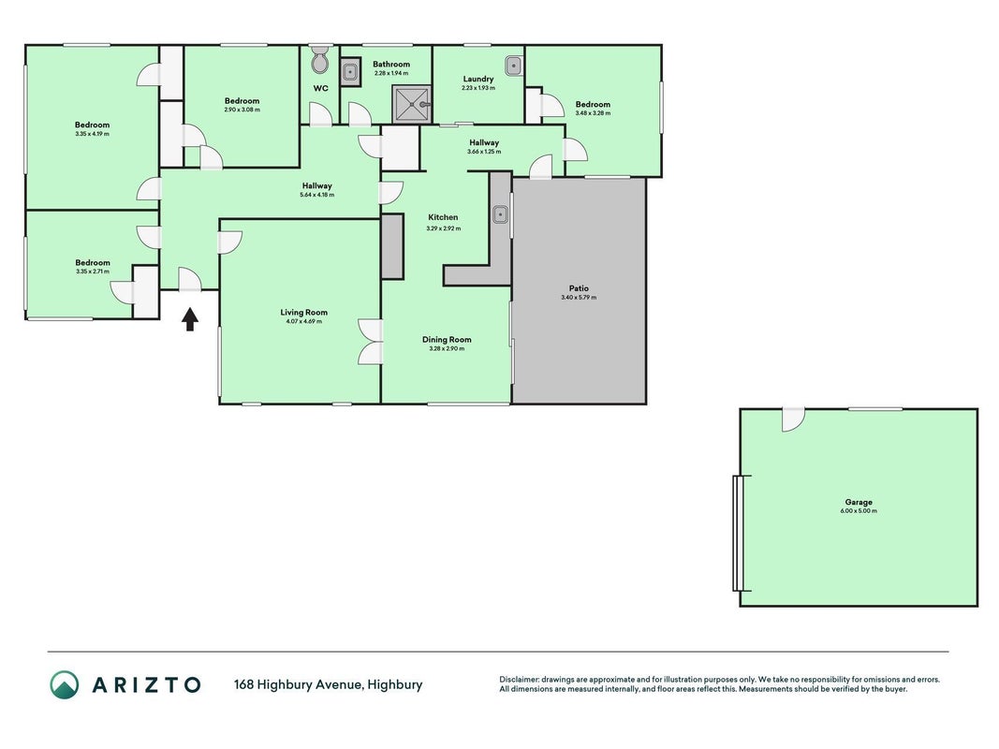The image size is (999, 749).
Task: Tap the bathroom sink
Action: pyautogui.click(x=349, y=72)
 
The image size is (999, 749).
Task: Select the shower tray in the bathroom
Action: pyautogui.click(x=412, y=105)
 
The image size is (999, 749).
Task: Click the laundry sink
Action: pyautogui.click(x=513, y=65)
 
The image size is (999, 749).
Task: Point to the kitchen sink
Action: pyautogui.click(x=500, y=214)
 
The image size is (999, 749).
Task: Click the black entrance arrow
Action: pyautogui.click(x=190, y=319)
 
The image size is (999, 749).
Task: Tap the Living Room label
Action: pyautogui.click(x=304, y=312)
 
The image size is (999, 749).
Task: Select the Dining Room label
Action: pyautogui.click(x=447, y=340)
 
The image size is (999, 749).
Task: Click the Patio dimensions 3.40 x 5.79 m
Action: pyautogui.click(x=579, y=298)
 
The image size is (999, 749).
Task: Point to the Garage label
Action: pyautogui.click(x=859, y=502)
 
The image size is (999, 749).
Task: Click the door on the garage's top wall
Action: pyautogui.click(x=793, y=419)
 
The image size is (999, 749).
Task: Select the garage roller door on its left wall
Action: pyautogui.click(x=739, y=533)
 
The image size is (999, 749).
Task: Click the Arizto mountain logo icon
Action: pyautogui.click(x=65, y=684)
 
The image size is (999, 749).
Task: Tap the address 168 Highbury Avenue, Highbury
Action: pyautogui.click(x=328, y=684)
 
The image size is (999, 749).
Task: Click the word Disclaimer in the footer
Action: pyautogui.click(x=519, y=680)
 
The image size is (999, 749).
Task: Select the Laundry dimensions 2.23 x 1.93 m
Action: pyautogui.click(x=478, y=88)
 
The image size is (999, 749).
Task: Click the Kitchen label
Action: pyautogui.click(x=443, y=217)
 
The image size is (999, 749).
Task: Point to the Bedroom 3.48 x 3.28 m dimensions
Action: pyautogui.click(x=593, y=113)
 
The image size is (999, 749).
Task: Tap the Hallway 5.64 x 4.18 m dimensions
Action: pyautogui.click(x=316, y=195)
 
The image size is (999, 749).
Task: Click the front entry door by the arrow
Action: pyautogui.click(x=190, y=280)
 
